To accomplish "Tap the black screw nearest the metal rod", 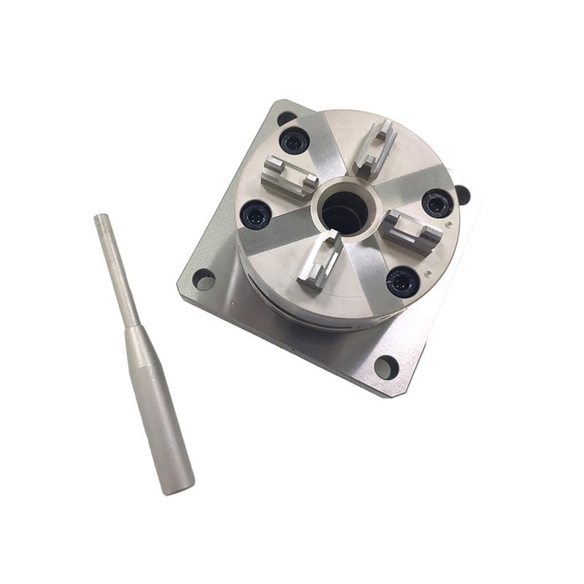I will click(x=256, y=215).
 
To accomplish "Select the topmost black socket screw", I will click(x=295, y=141).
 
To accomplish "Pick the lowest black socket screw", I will click(x=402, y=281).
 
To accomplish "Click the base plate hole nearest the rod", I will click(x=204, y=279).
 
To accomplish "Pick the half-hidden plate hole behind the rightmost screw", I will click(x=462, y=195).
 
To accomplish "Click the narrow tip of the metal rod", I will click(x=101, y=218).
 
